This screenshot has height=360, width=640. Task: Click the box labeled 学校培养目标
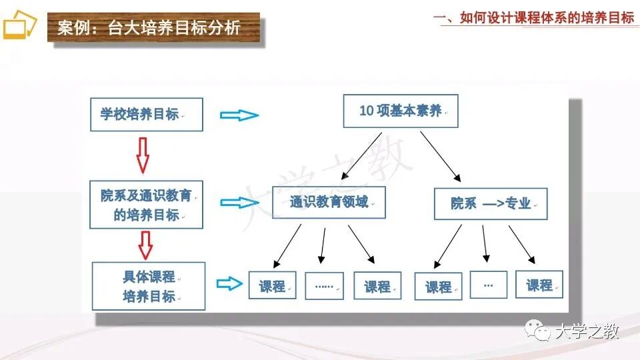point(146,114)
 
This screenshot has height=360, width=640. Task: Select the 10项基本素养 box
point(401,111)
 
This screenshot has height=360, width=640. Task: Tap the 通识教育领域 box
point(329,202)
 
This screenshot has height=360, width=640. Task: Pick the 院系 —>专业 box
point(490,203)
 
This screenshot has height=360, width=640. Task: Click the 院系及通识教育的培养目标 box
point(146,205)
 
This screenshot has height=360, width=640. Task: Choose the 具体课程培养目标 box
point(148,286)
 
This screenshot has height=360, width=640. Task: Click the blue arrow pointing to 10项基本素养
point(239,115)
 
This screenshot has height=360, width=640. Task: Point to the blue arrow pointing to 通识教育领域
point(239,202)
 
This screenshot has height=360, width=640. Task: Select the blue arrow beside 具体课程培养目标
point(230,284)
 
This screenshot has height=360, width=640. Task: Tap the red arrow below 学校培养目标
point(143,155)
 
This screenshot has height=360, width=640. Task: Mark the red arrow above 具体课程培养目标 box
point(145,245)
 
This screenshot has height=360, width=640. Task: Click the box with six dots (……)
point(324,285)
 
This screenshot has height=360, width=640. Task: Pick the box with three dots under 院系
point(488,285)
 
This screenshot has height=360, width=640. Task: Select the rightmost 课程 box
point(539,285)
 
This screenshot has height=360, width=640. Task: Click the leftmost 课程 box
point(272,286)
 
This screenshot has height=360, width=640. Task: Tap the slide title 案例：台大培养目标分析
point(148,29)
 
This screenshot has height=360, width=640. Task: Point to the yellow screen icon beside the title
point(18,28)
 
